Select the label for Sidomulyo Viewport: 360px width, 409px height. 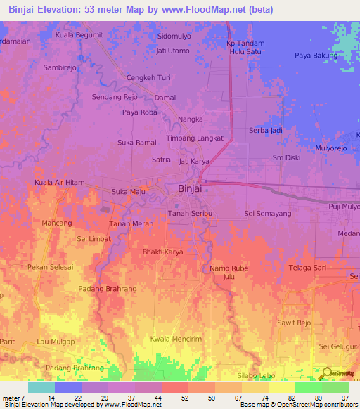pyautogui.click(x=175, y=35)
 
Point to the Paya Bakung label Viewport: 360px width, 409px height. pyautogui.click(x=316, y=55)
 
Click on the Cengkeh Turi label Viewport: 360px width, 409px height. pyautogui.click(x=148, y=77)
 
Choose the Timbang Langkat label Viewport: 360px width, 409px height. pyautogui.click(x=194, y=139)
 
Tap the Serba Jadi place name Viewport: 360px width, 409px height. pyautogui.click(x=266, y=131)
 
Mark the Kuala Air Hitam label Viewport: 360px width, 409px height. pyautogui.click(x=59, y=183)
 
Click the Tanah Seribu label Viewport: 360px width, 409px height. pyautogui.click(x=190, y=213)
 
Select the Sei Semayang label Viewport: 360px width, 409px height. pyautogui.click(x=267, y=213)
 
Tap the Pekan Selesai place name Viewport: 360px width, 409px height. pyautogui.click(x=50, y=267)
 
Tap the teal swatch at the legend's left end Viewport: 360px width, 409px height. pyautogui.click(x=41, y=387)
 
